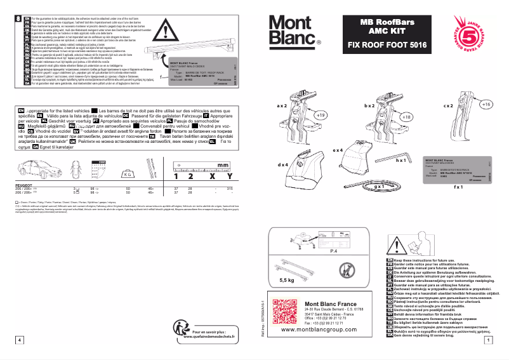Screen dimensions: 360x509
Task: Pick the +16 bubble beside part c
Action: pyautogui.click(x=486, y=103)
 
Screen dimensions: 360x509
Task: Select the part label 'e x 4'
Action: pyautogui.click(x=337, y=150)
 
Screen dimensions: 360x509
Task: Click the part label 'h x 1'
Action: pyautogui.click(x=400, y=162)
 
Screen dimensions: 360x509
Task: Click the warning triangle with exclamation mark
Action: pyautogui.click(x=169, y=30)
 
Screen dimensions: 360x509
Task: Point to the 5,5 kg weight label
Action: pyautogui.click(x=286, y=280)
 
